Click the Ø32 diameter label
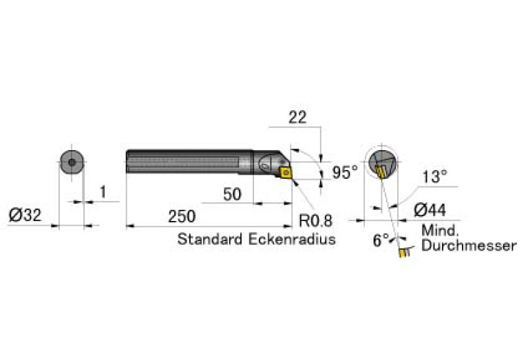(x=25, y=215)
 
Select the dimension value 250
(x=182, y=216)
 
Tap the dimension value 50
(x=233, y=194)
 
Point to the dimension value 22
(x=297, y=117)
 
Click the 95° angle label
(x=345, y=172)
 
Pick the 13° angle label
(x=435, y=176)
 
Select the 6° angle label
(x=381, y=240)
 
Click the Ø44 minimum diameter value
(x=430, y=210)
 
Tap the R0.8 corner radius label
(x=315, y=221)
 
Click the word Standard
(x=209, y=239)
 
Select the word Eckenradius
(x=292, y=239)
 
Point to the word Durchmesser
(x=469, y=246)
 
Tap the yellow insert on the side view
(x=286, y=173)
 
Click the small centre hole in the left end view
(x=72, y=162)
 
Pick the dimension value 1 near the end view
(x=103, y=192)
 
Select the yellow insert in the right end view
(x=381, y=172)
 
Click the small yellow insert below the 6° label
(x=403, y=253)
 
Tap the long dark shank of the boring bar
(x=189, y=161)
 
